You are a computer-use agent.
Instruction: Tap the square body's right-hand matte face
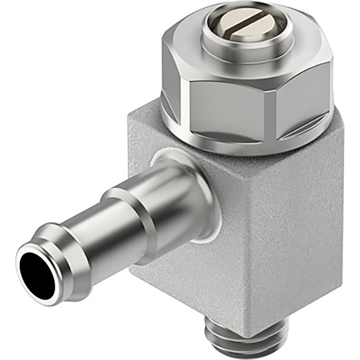pos(303,231)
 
